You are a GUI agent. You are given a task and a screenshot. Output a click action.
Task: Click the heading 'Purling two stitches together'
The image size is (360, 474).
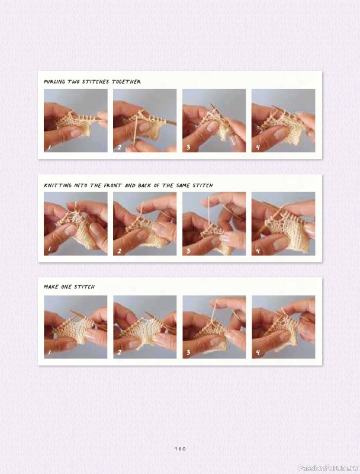92,82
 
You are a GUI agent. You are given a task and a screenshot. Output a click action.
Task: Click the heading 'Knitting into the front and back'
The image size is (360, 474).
128,185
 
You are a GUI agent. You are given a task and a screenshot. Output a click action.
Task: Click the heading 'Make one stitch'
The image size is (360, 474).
69,287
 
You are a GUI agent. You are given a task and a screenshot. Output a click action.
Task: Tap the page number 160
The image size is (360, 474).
180,449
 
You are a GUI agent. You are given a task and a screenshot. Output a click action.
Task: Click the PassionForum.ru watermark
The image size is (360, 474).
328,467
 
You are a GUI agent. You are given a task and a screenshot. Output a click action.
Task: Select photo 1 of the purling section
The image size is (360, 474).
75,121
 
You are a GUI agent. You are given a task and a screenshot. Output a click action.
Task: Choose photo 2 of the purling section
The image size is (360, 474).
144,121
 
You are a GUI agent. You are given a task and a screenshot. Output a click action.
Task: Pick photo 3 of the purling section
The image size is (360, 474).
214,121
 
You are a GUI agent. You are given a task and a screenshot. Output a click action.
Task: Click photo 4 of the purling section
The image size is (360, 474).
283,121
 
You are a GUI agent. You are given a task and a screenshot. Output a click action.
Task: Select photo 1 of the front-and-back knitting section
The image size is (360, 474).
75,224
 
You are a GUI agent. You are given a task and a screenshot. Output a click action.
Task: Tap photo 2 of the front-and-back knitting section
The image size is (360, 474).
144,224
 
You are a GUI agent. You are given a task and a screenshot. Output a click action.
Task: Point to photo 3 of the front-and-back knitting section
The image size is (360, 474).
214,224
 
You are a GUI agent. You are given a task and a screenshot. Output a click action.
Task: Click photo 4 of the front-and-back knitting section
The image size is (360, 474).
283,224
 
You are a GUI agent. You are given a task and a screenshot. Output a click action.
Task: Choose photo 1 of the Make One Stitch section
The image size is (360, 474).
75,327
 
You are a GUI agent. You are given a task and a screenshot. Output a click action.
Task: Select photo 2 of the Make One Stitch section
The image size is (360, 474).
144,327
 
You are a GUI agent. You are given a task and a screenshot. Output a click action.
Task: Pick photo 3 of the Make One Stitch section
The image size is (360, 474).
214,327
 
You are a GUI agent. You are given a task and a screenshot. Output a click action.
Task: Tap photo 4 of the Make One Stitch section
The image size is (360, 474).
283,327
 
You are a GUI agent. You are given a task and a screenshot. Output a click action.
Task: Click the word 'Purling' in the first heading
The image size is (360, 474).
56,82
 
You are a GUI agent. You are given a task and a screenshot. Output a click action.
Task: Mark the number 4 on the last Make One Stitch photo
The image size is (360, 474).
258,353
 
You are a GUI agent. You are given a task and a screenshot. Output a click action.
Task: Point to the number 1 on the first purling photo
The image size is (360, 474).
50,148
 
